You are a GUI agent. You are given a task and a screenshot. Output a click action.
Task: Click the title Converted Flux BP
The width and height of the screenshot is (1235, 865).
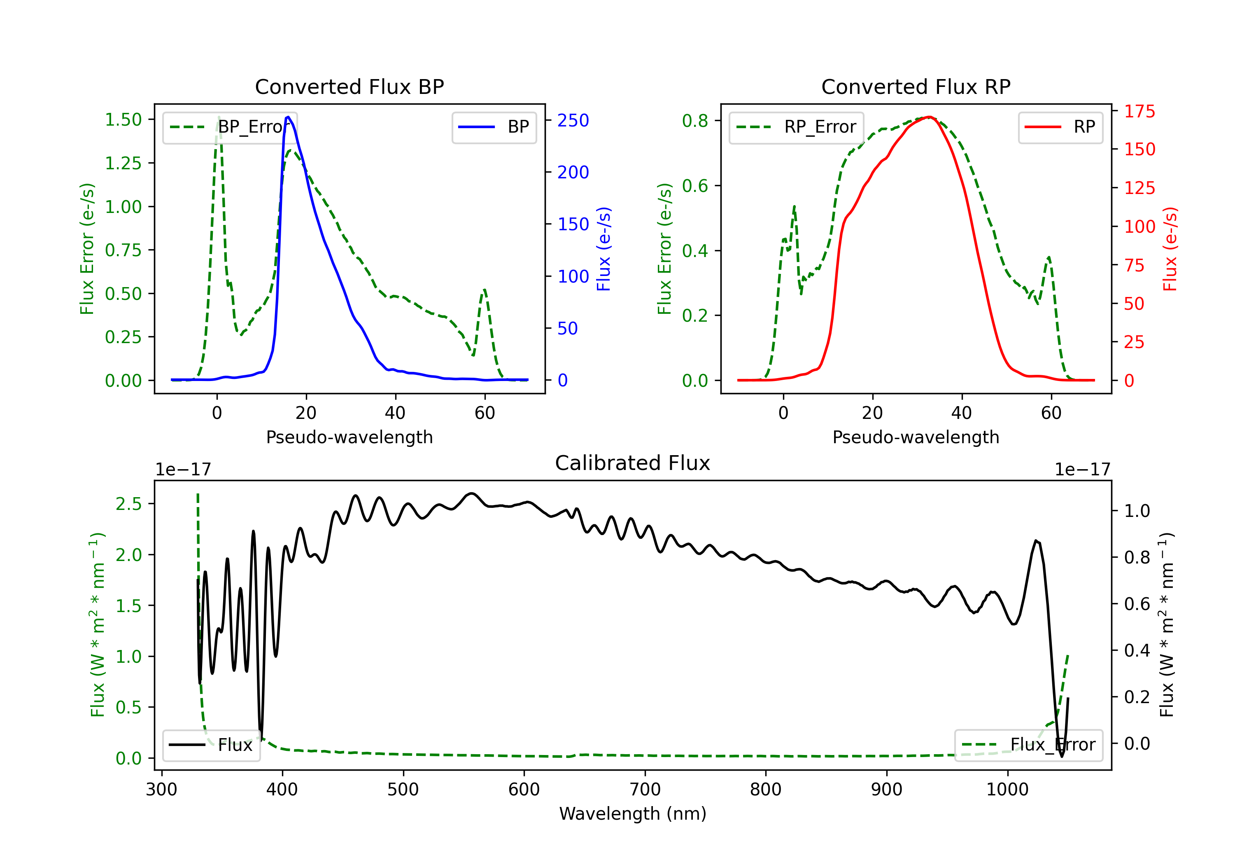click(350, 86)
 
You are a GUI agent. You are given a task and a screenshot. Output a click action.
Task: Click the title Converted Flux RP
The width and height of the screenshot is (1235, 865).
click(916, 86)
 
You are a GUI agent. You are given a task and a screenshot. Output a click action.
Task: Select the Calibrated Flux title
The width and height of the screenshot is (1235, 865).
click(633, 463)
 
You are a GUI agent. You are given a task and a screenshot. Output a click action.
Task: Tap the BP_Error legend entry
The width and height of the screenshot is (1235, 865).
click(230, 127)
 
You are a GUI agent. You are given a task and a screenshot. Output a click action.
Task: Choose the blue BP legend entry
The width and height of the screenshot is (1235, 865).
click(494, 127)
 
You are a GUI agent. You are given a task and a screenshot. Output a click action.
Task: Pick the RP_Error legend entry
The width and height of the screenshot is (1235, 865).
click(796, 127)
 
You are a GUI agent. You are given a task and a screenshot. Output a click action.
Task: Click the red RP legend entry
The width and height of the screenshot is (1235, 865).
click(1060, 127)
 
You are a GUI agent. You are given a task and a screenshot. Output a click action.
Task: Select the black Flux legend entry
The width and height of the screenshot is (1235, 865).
click(211, 745)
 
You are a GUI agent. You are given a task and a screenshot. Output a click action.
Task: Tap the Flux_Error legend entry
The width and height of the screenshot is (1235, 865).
click(1028, 745)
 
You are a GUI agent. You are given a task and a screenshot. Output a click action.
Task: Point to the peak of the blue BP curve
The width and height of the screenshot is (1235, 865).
click(288, 117)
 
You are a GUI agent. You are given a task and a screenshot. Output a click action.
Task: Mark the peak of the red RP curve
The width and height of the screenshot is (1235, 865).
click(929, 117)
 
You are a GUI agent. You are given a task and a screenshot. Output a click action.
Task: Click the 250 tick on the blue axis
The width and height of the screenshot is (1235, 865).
click(573, 121)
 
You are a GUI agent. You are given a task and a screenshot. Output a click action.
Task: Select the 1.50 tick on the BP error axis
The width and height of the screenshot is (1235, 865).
click(123, 119)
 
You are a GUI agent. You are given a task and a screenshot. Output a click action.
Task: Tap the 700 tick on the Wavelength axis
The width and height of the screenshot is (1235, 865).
click(645, 790)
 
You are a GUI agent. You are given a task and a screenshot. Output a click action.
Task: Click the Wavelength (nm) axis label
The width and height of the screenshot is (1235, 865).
click(633, 814)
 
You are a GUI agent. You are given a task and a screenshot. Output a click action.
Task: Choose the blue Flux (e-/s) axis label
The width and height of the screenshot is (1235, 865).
click(604, 249)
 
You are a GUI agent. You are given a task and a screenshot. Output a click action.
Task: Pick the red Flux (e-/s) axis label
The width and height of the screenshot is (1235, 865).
click(1170, 249)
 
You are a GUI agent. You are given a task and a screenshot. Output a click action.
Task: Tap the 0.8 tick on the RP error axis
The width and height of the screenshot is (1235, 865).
click(695, 121)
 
